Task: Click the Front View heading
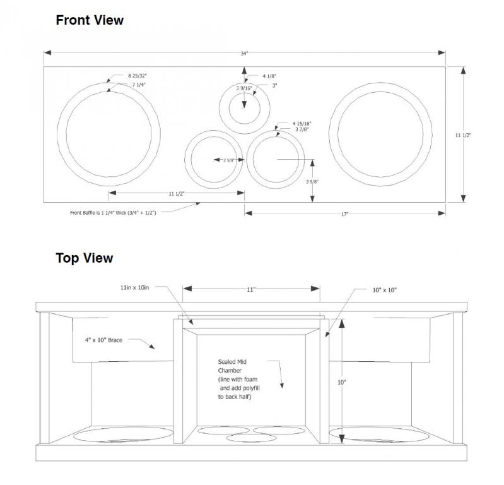tap(90, 20)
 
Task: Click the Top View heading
tap(85, 258)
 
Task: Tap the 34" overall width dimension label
tap(245, 54)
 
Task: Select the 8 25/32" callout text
tap(138, 76)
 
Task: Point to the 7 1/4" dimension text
tap(139, 85)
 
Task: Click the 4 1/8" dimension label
tap(269, 76)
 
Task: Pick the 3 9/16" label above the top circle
tap(244, 88)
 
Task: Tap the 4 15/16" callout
tap(302, 124)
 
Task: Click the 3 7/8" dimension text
tap(302, 129)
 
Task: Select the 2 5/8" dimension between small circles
tap(229, 160)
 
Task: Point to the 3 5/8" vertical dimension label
tap(312, 181)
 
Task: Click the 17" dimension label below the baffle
tap(345, 214)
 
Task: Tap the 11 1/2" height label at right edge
tap(463, 135)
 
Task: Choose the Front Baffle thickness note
tap(113, 213)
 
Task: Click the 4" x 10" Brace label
tap(104, 340)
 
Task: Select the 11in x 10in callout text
tap(135, 287)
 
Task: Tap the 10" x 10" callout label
tap(385, 290)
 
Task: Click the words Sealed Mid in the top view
tap(232, 362)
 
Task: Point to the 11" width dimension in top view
tap(251, 290)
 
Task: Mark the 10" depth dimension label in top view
tap(341, 382)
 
